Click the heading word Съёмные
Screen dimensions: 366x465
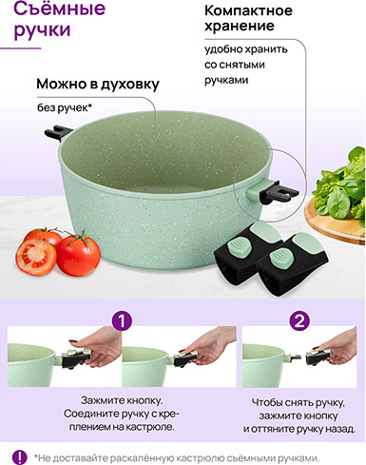59,9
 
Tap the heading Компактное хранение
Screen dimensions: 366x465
248,18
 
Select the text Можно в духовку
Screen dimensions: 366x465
98,84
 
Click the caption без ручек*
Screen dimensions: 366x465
65,107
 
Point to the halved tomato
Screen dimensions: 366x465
35,257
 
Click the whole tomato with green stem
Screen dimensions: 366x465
78,255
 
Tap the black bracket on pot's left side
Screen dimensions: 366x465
58,133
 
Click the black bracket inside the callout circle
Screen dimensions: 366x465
279,193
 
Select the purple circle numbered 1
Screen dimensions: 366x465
122,320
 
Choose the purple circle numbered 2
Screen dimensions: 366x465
299,320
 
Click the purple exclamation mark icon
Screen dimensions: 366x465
20,456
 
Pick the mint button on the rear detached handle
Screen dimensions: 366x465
238,246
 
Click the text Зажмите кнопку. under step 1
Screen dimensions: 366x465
122,400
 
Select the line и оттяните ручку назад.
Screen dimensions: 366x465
299,429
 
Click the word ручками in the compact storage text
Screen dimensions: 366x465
226,80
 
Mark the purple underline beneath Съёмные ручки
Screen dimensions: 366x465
21,48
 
